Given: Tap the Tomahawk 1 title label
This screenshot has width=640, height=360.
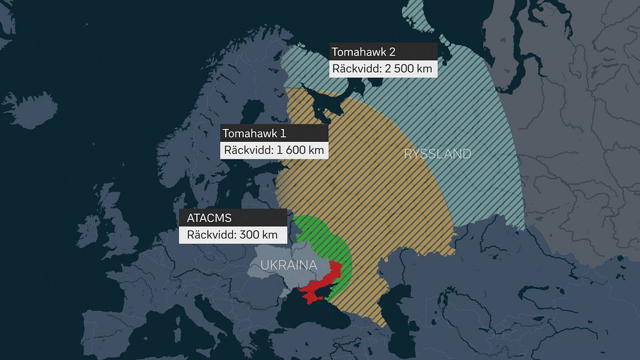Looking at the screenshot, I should click(254, 134).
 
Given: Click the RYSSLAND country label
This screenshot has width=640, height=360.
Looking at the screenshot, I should click(437, 154).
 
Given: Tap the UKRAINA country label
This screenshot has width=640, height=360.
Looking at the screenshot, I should click(288, 265).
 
